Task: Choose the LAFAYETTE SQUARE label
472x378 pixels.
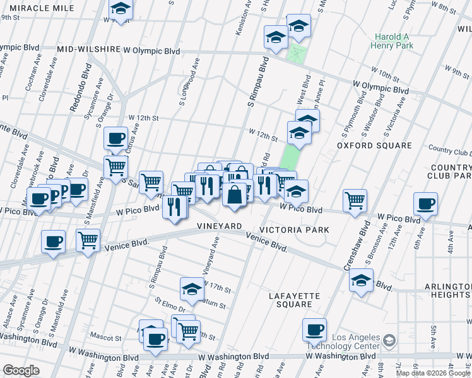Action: [x=294, y=300]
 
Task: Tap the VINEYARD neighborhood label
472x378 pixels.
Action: [x=219, y=226]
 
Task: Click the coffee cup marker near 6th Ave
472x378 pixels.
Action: [x=426, y=204]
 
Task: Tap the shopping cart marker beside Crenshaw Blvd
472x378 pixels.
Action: [x=355, y=200]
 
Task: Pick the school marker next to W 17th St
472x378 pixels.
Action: [x=192, y=289]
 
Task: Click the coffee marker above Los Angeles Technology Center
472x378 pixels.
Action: [x=314, y=329]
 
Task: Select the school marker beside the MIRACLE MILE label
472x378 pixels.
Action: [x=121, y=9]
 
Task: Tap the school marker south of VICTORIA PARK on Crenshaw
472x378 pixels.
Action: [x=361, y=281]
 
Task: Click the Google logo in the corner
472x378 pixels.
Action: [x=21, y=370]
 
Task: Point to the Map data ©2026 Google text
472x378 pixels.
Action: [x=433, y=373]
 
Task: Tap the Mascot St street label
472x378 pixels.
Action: [x=102, y=338]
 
